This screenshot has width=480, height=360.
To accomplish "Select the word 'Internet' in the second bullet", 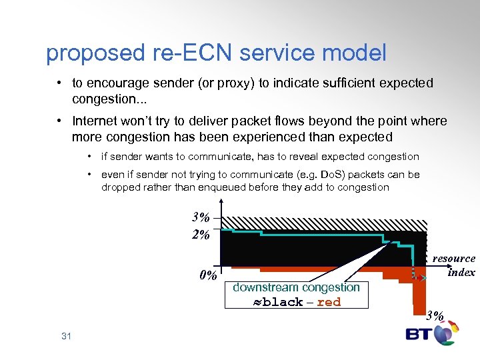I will pos(94,121).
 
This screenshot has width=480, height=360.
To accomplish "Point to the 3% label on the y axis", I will pos(201,217).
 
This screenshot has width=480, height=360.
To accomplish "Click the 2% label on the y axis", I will pos(201,234).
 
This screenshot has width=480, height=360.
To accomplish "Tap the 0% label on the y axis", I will pos(208,275).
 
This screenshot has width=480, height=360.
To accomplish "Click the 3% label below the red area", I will pos(435,316).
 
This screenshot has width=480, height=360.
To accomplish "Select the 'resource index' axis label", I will pos(455,265).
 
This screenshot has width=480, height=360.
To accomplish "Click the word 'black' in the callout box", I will pos(283,302).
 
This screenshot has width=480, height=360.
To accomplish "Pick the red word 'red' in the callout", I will pos(329,302).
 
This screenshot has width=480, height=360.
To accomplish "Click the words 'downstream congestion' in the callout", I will pos(296,287).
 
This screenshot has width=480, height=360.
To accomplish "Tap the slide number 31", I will pos(66,336).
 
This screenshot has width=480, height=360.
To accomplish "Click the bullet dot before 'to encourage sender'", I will pos(59,83).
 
